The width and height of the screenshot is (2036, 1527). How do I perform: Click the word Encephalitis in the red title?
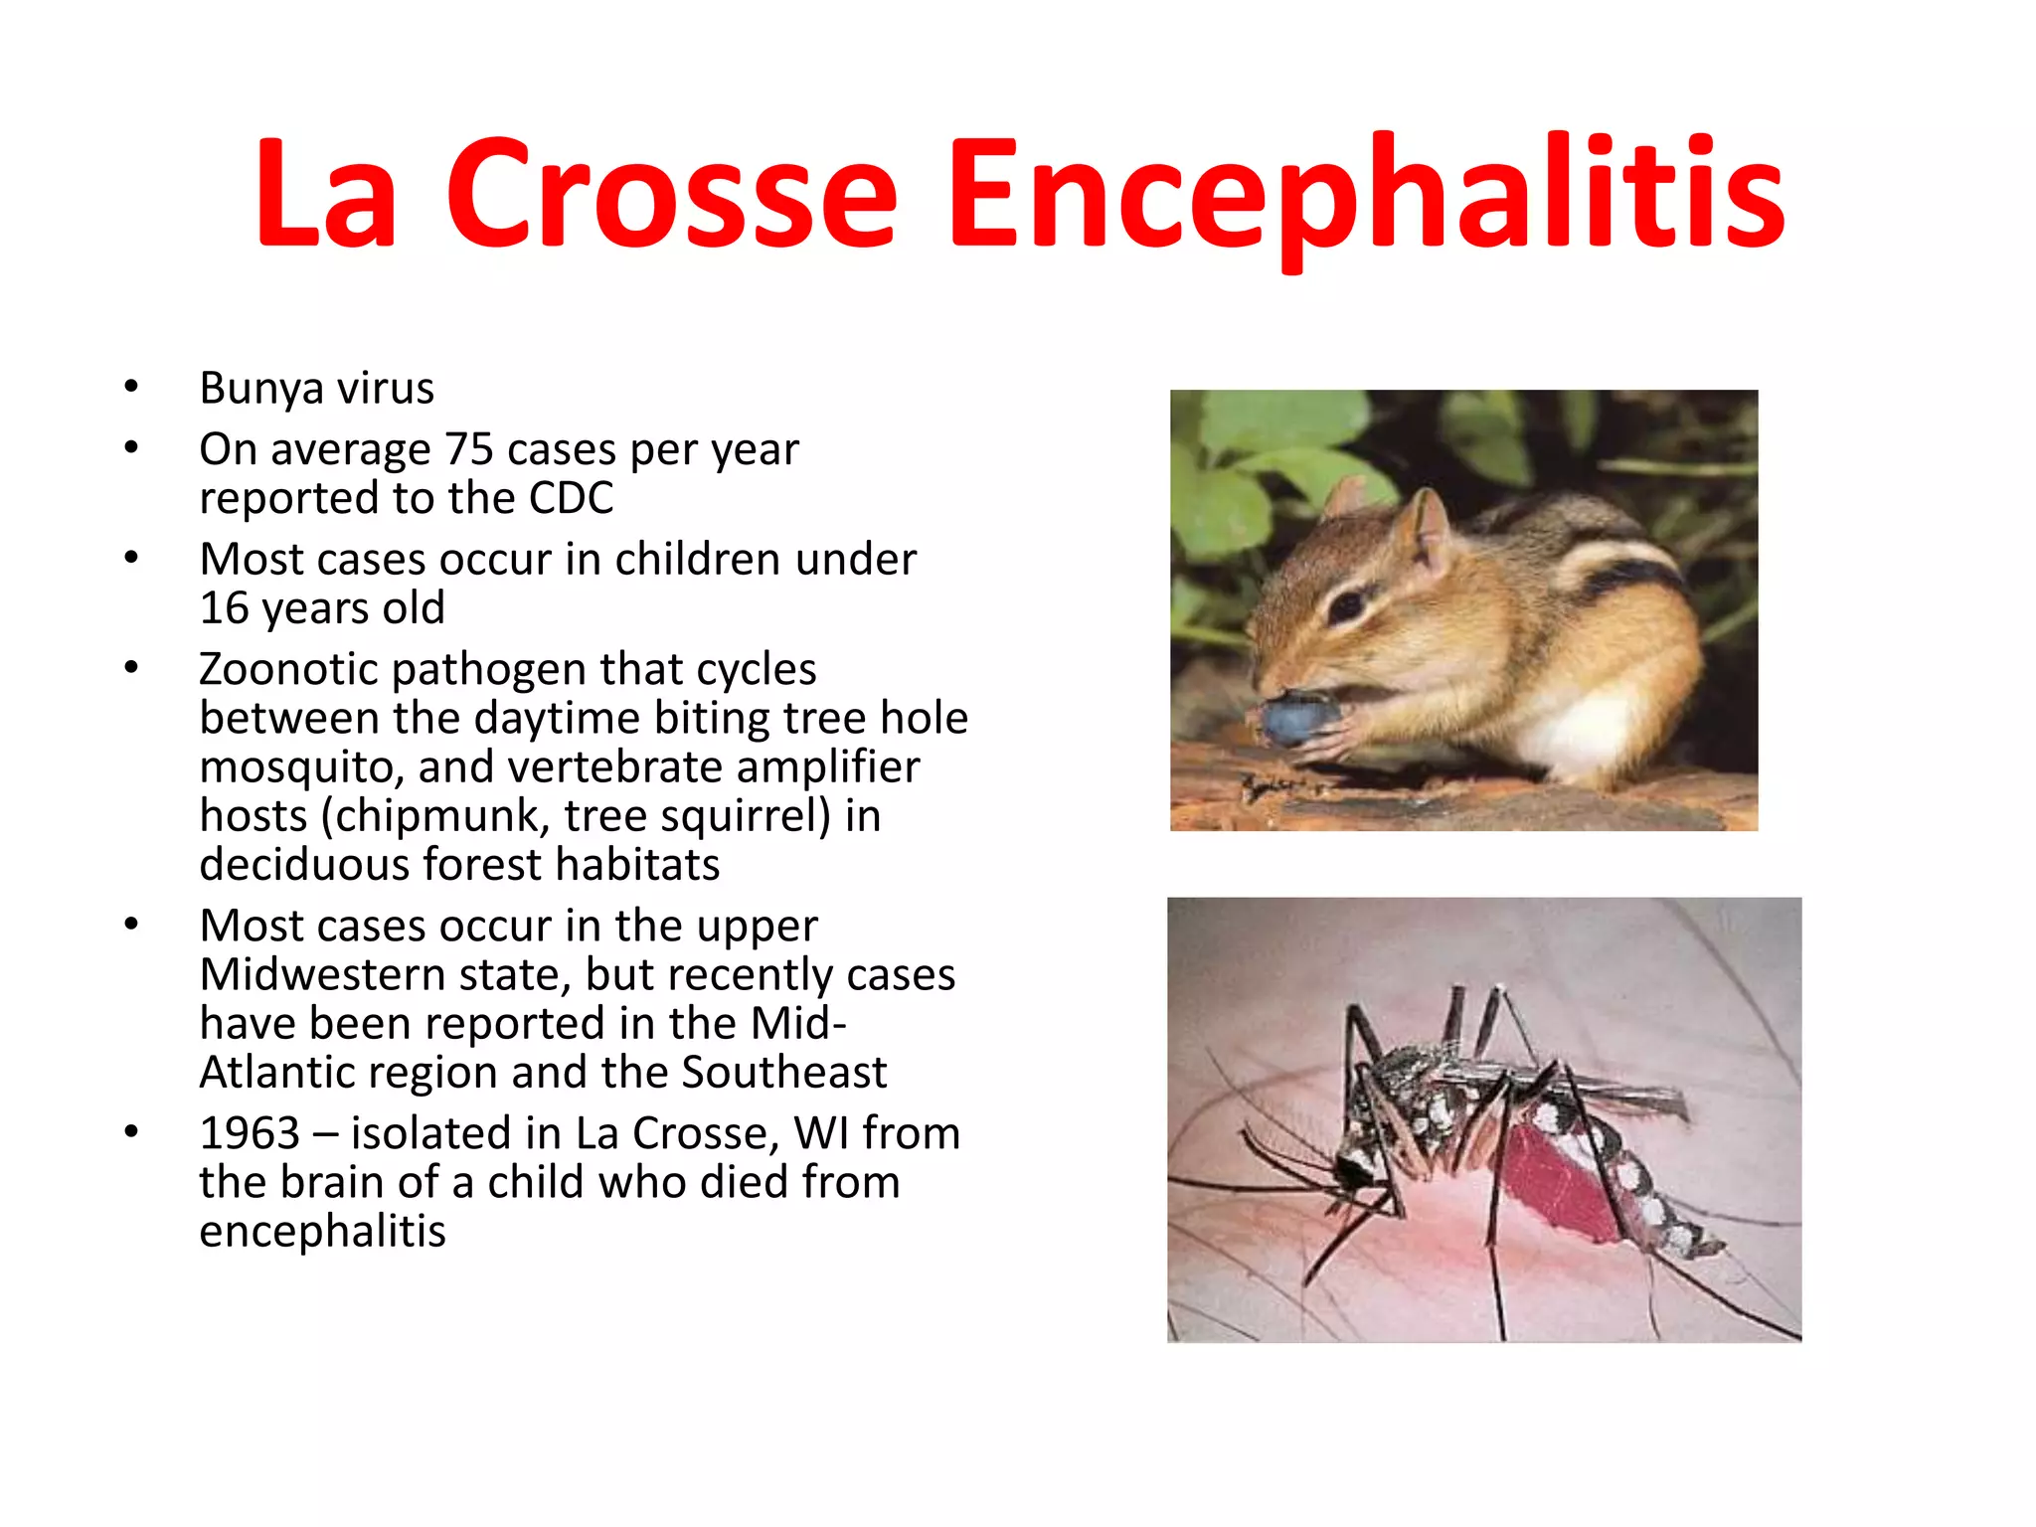(1367, 194)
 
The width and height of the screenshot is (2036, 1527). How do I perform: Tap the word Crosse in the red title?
(672, 194)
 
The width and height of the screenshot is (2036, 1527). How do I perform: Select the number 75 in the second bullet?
(468, 449)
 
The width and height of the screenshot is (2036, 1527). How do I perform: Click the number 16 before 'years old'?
(224, 608)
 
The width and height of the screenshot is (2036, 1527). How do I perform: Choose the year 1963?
(250, 1134)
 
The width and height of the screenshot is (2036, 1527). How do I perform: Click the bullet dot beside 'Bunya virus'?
(131, 387)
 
